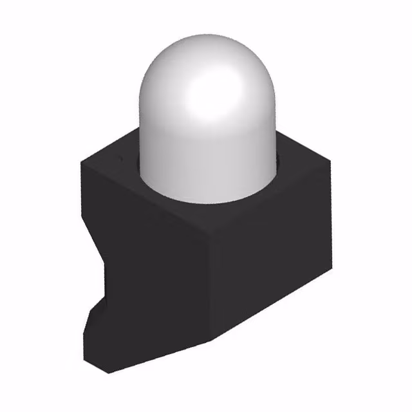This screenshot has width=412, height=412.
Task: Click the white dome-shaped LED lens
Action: coord(206,122)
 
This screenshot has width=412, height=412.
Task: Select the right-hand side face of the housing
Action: coord(270,257)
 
